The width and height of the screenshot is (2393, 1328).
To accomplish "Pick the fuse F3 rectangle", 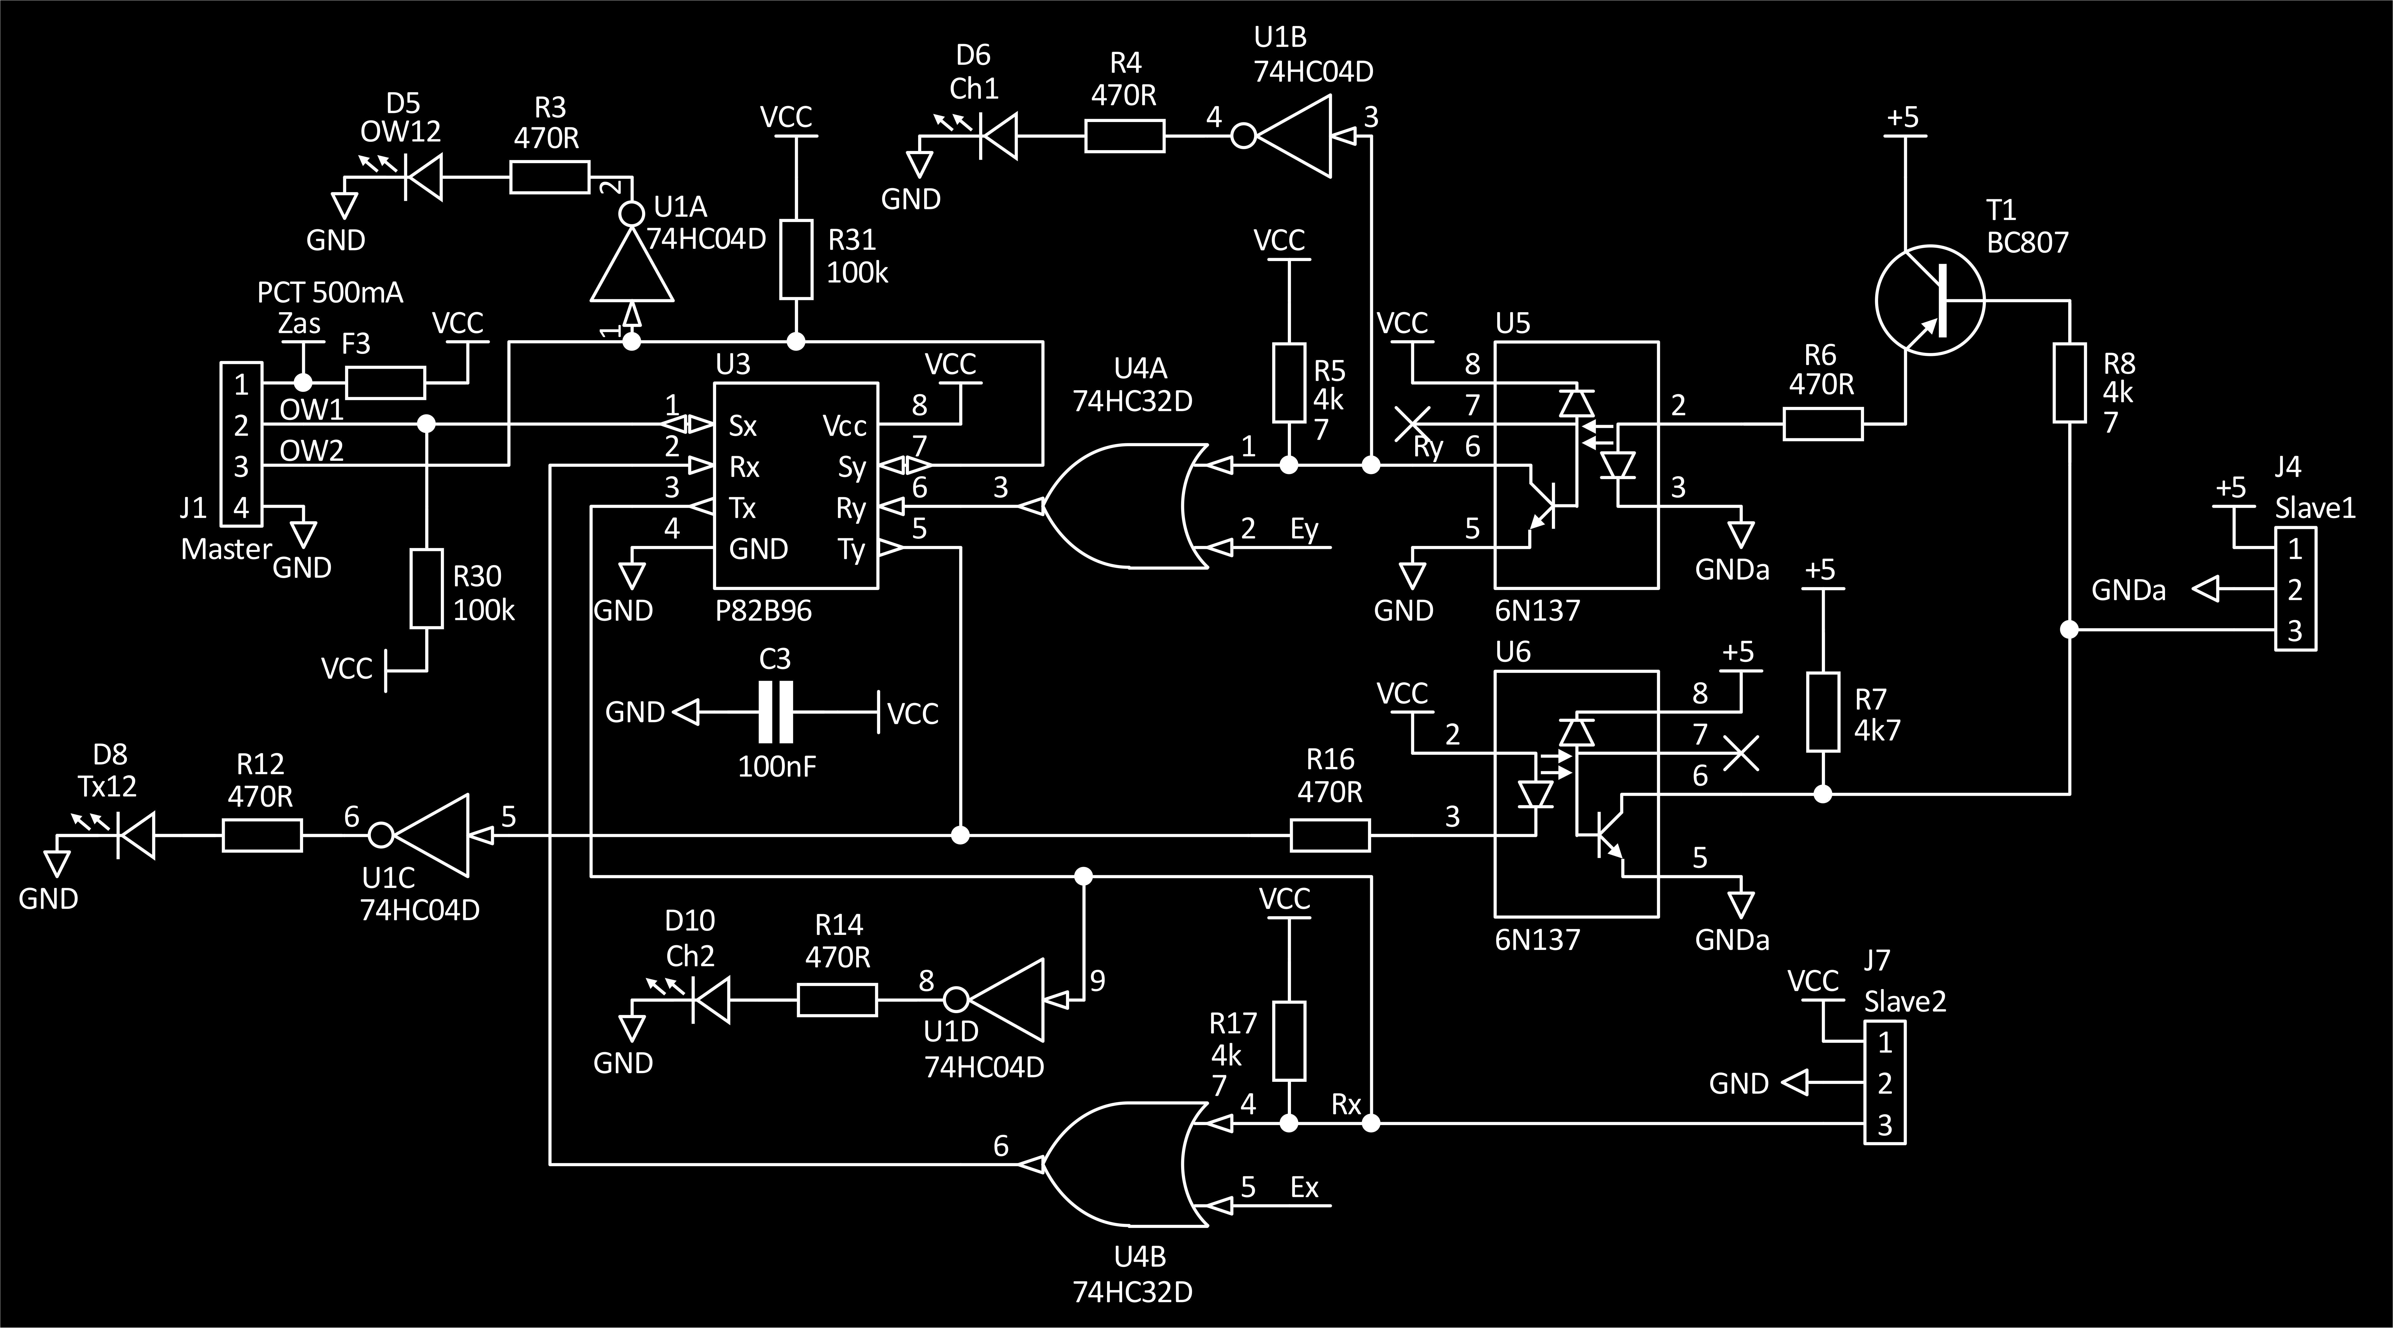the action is point(385,383).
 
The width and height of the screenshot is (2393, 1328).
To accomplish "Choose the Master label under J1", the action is point(226,549).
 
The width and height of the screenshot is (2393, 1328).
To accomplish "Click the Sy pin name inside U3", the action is point(852,467).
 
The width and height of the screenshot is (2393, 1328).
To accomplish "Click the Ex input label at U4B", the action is point(1304,1188).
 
